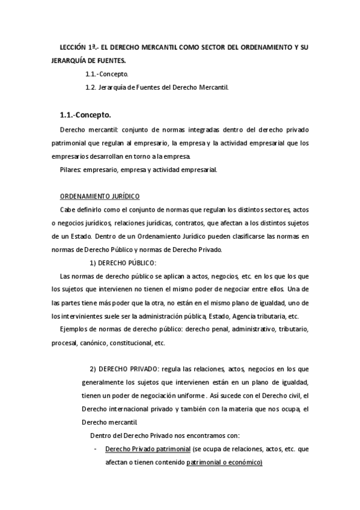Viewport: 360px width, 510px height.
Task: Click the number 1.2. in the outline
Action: [91, 87]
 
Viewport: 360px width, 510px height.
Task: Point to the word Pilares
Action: [72, 170]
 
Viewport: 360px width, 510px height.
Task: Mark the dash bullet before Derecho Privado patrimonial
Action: [97, 449]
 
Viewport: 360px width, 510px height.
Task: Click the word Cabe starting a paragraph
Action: [69, 209]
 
